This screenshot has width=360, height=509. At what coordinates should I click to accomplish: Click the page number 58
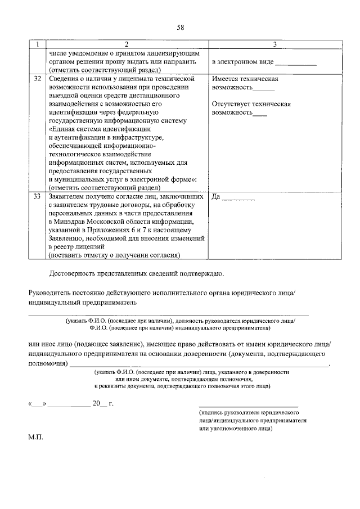(x=180, y=27)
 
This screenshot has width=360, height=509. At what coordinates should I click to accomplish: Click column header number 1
(x=37, y=44)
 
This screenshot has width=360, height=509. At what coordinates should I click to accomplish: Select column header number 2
(x=126, y=44)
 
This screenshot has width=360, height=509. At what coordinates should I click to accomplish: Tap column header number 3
(x=274, y=44)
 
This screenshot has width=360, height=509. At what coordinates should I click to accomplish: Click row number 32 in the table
(x=37, y=79)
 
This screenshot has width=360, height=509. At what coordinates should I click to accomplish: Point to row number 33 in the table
(x=37, y=197)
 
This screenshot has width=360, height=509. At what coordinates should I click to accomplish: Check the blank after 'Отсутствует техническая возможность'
(x=260, y=114)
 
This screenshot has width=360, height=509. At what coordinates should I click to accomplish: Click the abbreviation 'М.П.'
(x=36, y=436)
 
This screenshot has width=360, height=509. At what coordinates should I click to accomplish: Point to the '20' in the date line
(x=96, y=403)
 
